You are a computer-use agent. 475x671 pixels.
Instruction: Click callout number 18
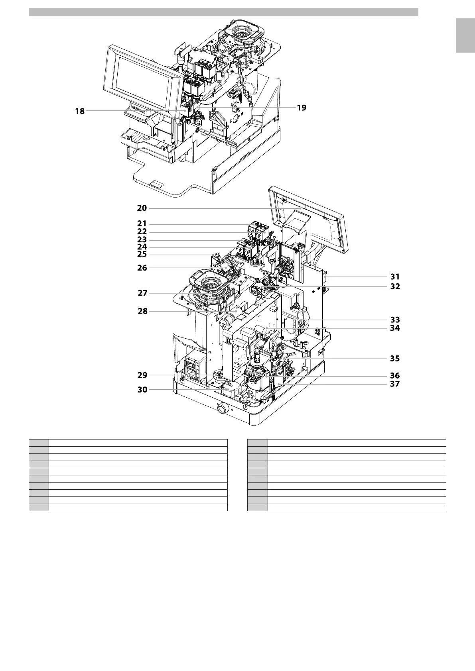pyautogui.click(x=80, y=111)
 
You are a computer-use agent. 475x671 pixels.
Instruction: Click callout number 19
pyautogui.click(x=302, y=108)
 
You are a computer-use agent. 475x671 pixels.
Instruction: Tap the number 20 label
pyautogui.click(x=142, y=208)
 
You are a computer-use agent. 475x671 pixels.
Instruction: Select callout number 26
pyautogui.click(x=142, y=268)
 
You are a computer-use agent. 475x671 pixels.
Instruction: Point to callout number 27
pyautogui.click(x=142, y=293)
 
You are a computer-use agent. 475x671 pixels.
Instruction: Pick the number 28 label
pyautogui.click(x=142, y=311)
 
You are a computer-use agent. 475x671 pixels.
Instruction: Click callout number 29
pyautogui.click(x=142, y=375)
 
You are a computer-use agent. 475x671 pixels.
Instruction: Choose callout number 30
pyautogui.click(x=142, y=390)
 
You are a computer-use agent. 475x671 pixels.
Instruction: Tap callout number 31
pyautogui.click(x=395, y=277)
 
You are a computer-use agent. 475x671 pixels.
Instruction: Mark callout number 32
pyautogui.click(x=395, y=286)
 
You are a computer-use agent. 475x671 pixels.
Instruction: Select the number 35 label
pyautogui.click(x=395, y=358)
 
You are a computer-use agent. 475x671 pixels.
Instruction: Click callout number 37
pyautogui.click(x=395, y=384)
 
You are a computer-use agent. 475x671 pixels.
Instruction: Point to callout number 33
pyautogui.click(x=395, y=320)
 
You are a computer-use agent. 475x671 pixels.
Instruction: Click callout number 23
pyautogui.click(x=142, y=240)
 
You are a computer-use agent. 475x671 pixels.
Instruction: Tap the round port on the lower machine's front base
pyautogui.click(x=222, y=409)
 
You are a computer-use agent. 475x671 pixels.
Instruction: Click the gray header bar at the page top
pyautogui.click(x=223, y=12)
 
